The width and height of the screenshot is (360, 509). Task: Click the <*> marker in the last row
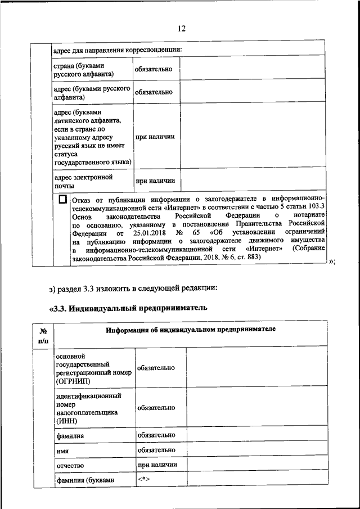point(145,479)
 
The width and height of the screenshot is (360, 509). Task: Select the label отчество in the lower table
point(70,466)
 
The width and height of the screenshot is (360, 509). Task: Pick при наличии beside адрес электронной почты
point(155,181)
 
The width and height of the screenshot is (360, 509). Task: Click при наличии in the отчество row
point(157,465)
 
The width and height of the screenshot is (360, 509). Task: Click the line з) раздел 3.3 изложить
point(133,289)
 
